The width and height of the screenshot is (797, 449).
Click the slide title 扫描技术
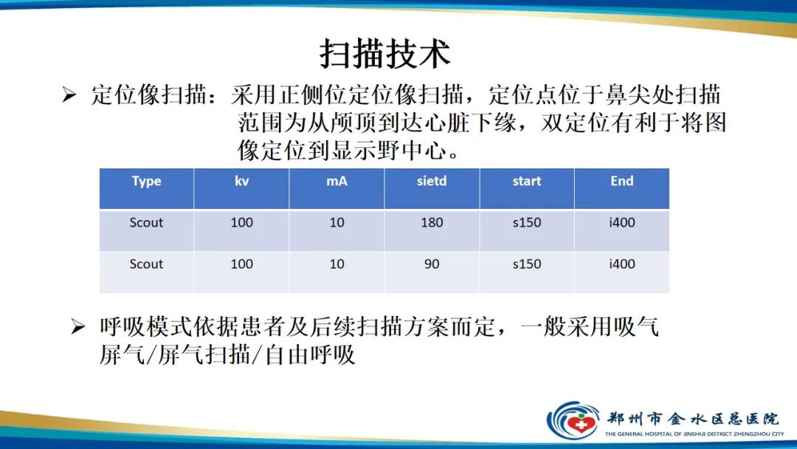point(384,53)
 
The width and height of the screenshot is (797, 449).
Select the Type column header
point(146,181)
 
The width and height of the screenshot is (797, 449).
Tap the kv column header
point(241,181)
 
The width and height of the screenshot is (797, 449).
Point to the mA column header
point(337,181)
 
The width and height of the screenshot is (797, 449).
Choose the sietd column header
point(432,181)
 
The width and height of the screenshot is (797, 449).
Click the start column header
point(527,181)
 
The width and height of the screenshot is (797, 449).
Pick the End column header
point(621,181)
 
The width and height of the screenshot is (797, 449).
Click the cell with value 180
point(432,222)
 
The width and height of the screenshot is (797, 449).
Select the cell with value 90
point(432,264)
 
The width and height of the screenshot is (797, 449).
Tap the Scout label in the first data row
point(146,222)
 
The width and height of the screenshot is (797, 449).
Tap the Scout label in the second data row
point(146,264)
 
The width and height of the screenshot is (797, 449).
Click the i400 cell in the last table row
point(621,264)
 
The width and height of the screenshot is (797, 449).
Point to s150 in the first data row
point(527,222)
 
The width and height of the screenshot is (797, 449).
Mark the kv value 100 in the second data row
point(241,264)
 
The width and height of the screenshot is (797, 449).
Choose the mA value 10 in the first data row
point(337,222)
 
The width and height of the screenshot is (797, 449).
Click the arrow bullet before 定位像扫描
point(69,96)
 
